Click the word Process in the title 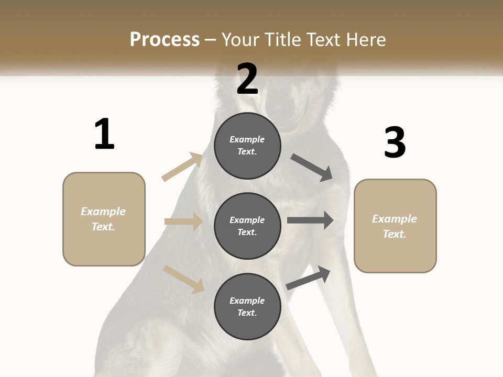[165, 39]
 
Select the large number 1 [104, 134]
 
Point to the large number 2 [247, 79]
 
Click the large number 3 [395, 142]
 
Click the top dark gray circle [247, 146]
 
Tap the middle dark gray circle [247, 226]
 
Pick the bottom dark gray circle [247, 306]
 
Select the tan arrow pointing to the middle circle [184, 221]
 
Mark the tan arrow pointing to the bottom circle [184, 279]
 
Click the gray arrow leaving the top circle [312, 168]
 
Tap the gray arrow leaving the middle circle [310, 220]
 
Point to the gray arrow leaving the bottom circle [308, 278]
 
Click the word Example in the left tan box [103, 212]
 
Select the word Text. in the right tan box [395, 234]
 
